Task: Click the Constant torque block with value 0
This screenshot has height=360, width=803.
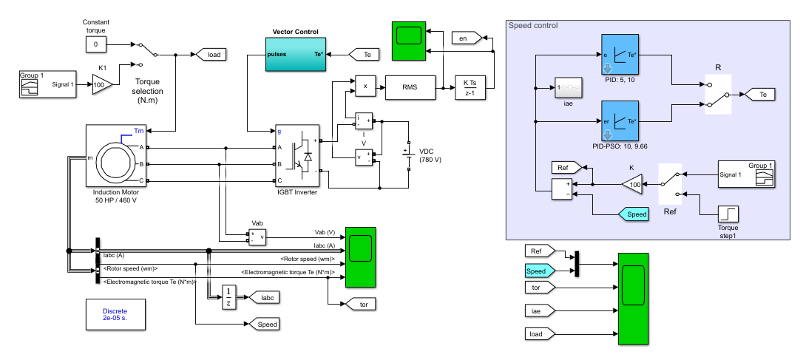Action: click(x=95, y=45)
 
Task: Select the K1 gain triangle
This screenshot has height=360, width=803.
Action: click(x=101, y=84)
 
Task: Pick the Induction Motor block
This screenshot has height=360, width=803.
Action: click(x=118, y=155)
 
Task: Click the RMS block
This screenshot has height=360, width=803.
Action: click(x=409, y=87)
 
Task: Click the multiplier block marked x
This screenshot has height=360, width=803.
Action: click(x=365, y=86)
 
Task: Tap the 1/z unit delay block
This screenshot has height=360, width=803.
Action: click(x=229, y=297)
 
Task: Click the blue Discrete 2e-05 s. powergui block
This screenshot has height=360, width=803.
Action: click(x=115, y=316)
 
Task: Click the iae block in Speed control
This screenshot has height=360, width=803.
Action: click(x=569, y=89)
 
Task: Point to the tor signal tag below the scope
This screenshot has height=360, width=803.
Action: click(x=357, y=303)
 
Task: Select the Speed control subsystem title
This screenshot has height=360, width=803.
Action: click(x=533, y=25)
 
